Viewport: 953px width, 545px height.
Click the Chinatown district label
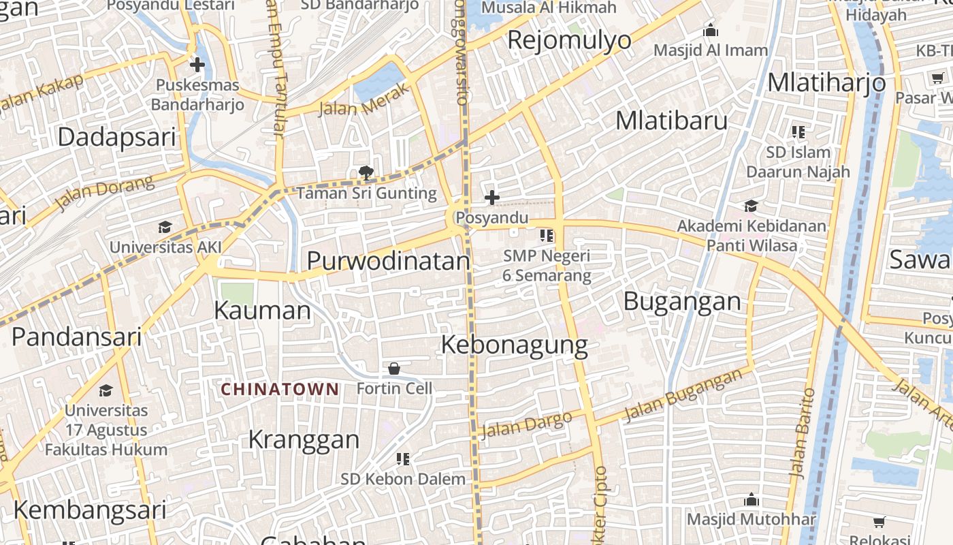280,389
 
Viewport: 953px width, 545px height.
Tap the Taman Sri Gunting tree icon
366,174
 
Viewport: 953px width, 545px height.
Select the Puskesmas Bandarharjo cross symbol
197,65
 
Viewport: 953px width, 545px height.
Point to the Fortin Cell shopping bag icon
394,369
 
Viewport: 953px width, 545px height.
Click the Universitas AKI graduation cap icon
165,227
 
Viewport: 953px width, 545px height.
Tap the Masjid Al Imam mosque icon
711,31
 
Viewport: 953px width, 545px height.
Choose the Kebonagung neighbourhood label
514,345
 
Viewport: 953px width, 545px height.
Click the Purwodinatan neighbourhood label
388,261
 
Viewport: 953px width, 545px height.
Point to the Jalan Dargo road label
526,426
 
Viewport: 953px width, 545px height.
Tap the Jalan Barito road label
801,432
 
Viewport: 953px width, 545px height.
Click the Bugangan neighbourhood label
682,301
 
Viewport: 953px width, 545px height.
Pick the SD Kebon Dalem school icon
403,459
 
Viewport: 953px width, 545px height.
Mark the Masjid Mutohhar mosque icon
752,500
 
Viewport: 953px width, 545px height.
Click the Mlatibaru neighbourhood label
671,121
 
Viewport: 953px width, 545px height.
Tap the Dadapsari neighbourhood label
116,137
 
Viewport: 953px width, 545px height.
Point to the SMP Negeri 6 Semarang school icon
546,236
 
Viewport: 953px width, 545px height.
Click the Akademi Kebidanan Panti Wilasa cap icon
751,206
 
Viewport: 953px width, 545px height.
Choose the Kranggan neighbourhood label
304,439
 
